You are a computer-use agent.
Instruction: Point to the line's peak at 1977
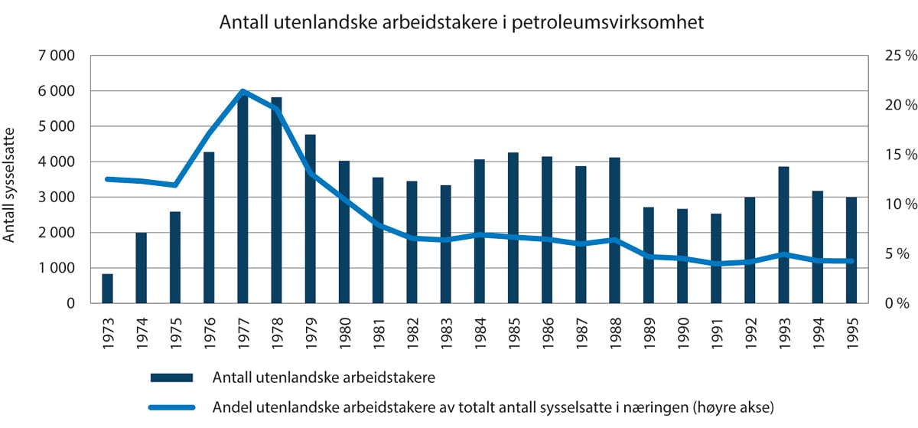(243, 92)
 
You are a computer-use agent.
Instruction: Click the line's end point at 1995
(851, 261)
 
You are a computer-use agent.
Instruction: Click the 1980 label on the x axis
(344, 330)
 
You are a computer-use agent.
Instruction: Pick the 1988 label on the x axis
(614, 330)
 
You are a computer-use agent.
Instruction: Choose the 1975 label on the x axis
(175, 330)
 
